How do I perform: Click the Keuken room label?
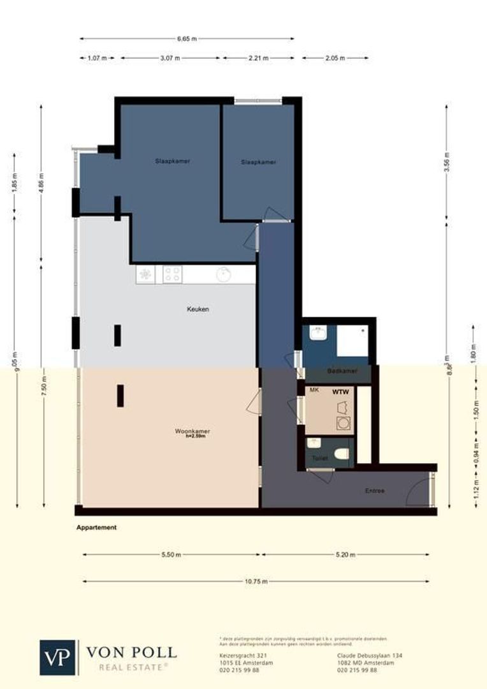point(198,309)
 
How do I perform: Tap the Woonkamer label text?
point(192,432)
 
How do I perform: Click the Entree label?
point(374,491)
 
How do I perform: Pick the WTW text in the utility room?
point(339,392)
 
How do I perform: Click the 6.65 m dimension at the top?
point(187,39)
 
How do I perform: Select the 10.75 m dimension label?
point(256,581)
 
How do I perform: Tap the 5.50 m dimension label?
point(171,555)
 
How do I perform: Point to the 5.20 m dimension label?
point(344,555)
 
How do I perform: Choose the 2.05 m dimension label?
point(335,58)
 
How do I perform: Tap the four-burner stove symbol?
point(172,274)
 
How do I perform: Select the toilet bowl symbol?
point(342,454)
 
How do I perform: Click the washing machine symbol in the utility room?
point(343,423)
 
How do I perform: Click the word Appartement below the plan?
point(96,528)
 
